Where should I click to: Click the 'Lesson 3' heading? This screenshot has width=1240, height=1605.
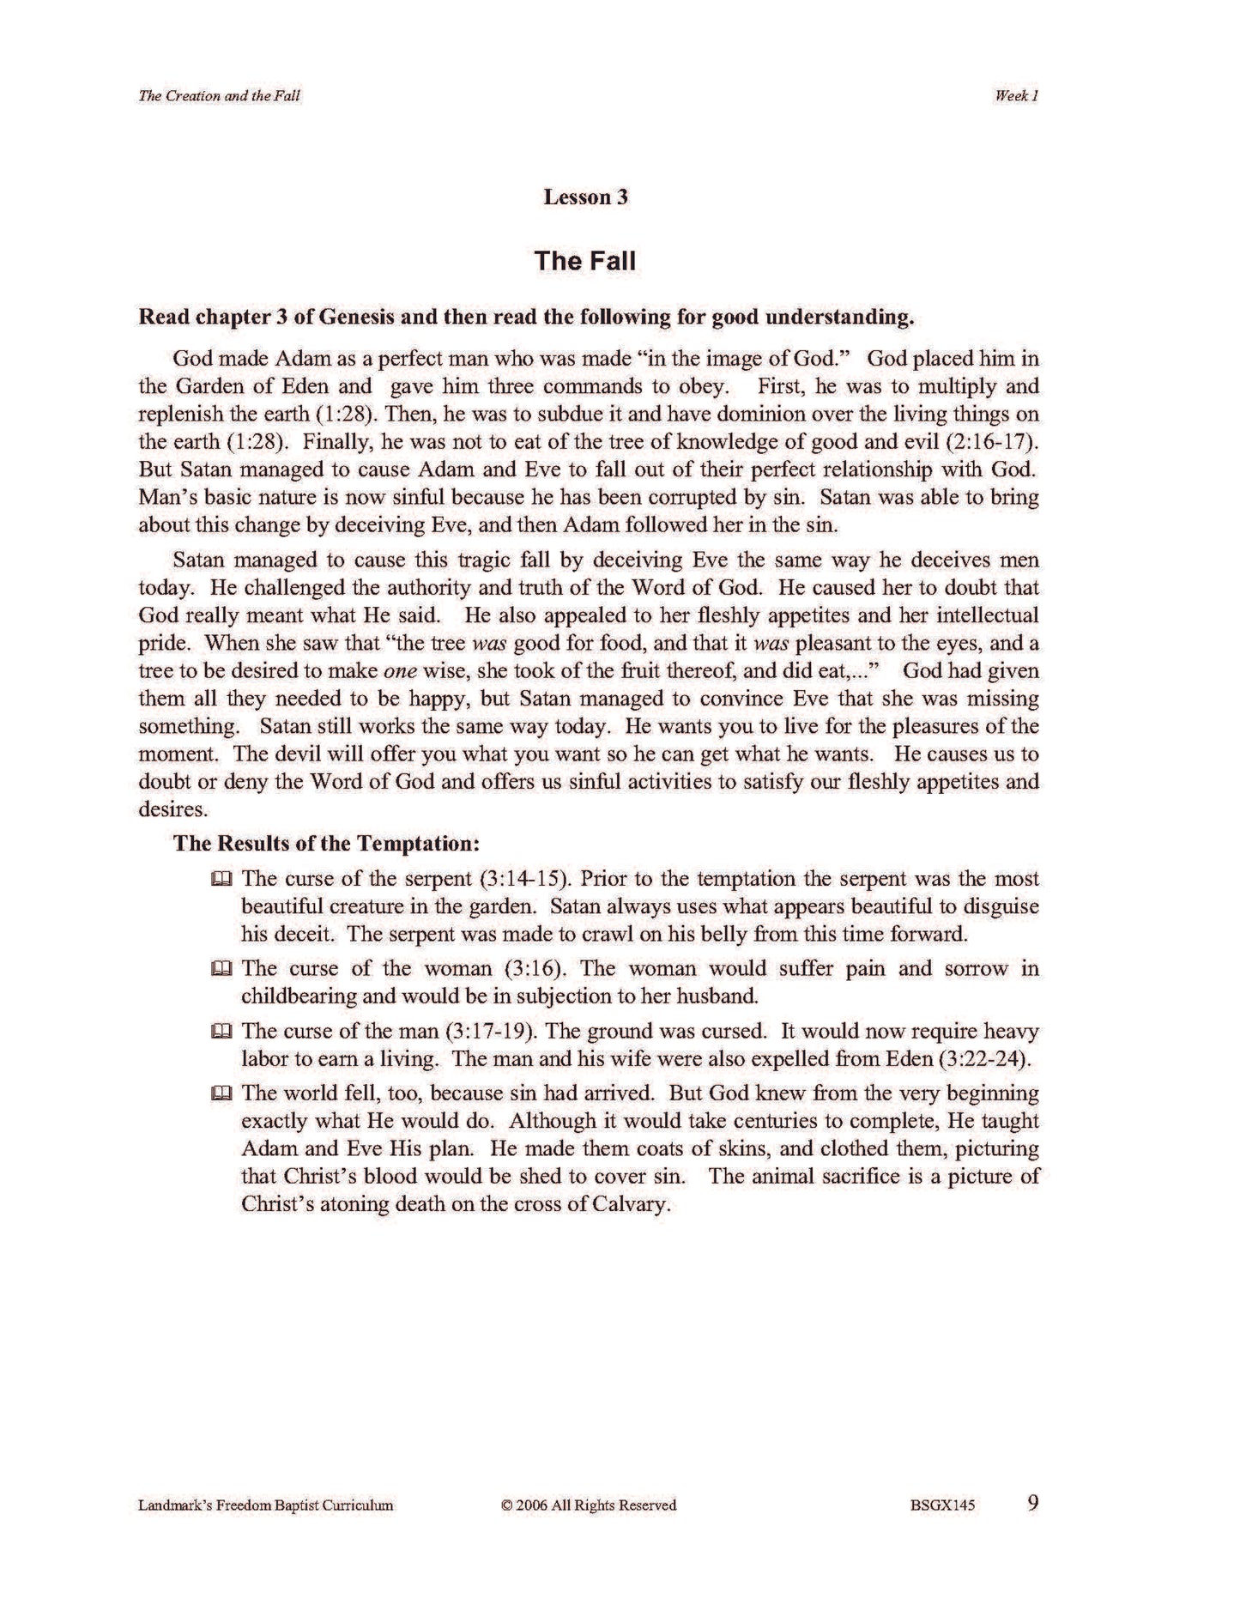[x=585, y=197]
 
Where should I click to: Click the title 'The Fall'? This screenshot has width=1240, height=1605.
[x=584, y=260]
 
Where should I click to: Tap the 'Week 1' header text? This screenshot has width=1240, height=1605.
[x=1017, y=96]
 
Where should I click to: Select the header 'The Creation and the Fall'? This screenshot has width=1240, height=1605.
[x=219, y=96]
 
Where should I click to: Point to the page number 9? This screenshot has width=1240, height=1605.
[x=1032, y=1503]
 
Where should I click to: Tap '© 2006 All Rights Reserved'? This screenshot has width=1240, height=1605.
[x=589, y=1505]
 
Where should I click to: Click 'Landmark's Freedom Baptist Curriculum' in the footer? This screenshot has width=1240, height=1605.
[x=265, y=1505]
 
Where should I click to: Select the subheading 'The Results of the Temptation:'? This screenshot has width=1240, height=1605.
[x=326, y=843]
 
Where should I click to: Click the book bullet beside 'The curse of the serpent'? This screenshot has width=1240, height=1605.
[x=221, y=880]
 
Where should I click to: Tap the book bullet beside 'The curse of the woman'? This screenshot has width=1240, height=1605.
[x=221, y=970]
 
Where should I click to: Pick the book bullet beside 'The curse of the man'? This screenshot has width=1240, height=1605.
[x=221, y=1032]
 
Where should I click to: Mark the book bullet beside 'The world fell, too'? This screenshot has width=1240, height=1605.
[x=221, y=1094]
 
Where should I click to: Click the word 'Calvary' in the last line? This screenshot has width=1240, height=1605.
[x=630, y=1204]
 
